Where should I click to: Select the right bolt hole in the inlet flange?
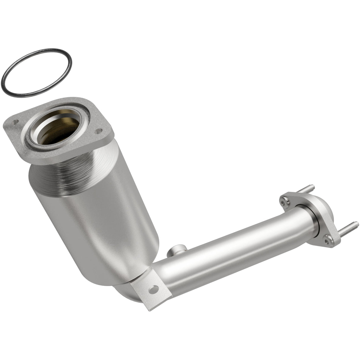point(97,130)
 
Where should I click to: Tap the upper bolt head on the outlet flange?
point(285,201)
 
